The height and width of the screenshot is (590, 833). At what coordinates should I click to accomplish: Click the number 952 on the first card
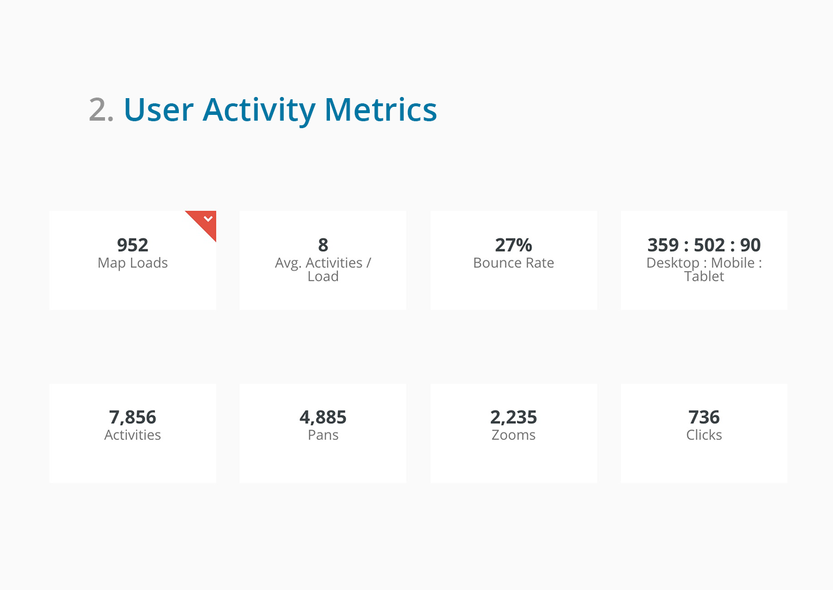tap(133, 245)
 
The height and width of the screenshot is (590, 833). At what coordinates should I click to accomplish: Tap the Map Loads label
tap(133, 263)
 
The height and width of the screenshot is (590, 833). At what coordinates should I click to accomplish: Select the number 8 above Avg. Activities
tap(323, 245)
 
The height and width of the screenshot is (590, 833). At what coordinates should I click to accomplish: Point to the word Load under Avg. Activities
tap(323, 277)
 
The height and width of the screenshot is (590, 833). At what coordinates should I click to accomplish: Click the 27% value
tap(513, 245)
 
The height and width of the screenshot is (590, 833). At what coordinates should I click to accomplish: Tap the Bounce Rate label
tap(513, 263)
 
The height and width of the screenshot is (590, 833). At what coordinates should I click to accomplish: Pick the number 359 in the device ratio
tap(663, 245)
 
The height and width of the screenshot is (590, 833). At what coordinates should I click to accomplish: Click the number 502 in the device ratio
tap(709, 245)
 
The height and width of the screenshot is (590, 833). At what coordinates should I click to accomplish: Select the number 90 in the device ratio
tap(750, 245)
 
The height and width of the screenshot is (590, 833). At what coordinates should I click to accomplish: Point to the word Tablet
tap(704, 277)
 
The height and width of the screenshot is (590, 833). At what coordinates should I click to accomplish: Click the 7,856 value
tap(133, 417)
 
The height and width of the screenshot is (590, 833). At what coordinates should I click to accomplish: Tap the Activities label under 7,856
tap(133, 435)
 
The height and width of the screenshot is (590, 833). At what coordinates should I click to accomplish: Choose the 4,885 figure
tap(323, 417)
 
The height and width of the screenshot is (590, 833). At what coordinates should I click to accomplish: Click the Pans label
tap(323, 435)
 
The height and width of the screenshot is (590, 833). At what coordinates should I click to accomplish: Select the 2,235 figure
tap(513, 417)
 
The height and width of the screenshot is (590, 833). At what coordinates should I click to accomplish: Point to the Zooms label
tap(513, 435)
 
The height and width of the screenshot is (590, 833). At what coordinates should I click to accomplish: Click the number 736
tap(704, 417)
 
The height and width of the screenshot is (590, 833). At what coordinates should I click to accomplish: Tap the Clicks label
tap(704, 435)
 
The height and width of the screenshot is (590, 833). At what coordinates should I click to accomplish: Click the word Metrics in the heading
tap(381, 110)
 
